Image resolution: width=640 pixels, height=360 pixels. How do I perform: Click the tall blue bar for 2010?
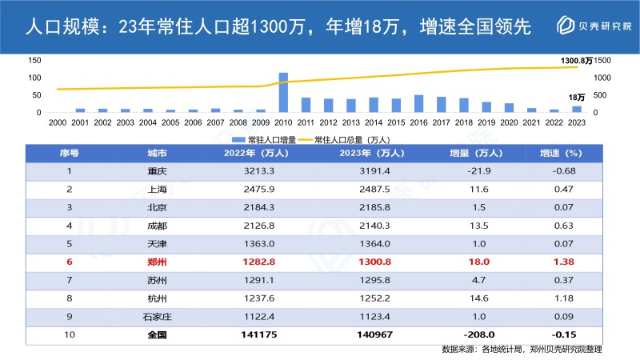pos(283,92)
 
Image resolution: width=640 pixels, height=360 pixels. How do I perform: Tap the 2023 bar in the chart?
pos(576,109)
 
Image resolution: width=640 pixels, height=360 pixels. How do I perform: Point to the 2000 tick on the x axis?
pos(58,123)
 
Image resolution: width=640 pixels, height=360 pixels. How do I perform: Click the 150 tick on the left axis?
pos(34,61)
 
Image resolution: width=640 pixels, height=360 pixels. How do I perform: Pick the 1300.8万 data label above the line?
pos(576,61)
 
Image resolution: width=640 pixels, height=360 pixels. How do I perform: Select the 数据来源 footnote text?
pos(521,350)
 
